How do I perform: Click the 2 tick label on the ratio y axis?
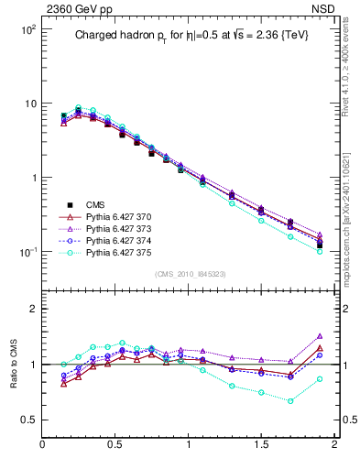(x=32, y=309)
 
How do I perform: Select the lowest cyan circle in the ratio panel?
(x=290, y=401)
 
